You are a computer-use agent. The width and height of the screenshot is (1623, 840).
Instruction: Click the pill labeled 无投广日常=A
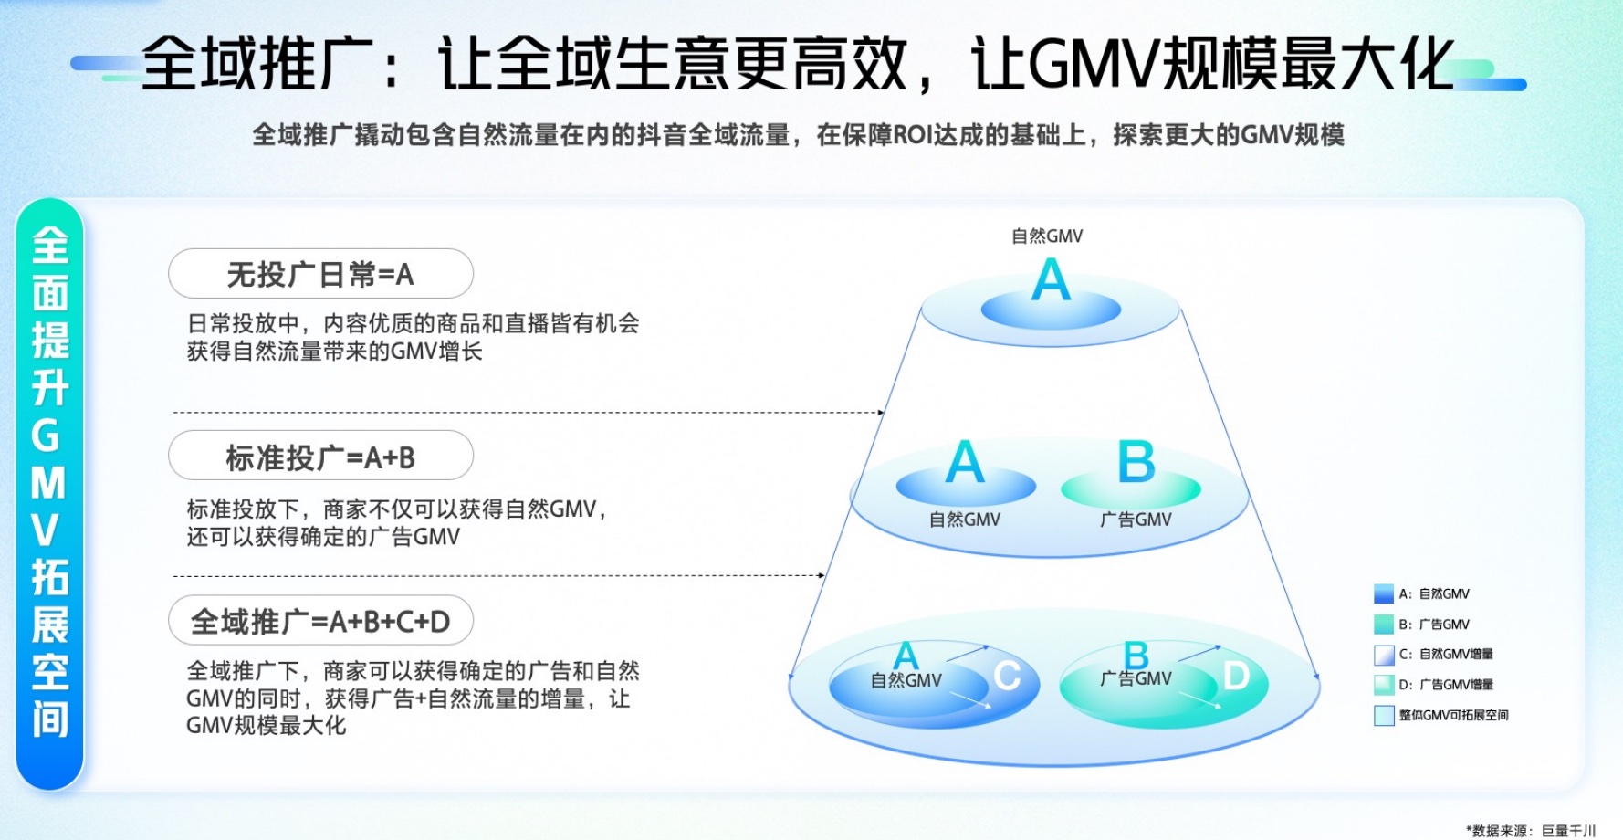320,274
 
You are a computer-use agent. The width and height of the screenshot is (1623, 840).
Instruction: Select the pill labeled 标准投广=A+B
320,457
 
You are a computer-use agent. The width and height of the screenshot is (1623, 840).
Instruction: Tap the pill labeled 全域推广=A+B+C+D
320,622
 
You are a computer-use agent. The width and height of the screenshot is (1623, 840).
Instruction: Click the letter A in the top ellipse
1051,280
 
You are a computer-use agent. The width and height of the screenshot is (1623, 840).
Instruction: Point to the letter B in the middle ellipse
1136,463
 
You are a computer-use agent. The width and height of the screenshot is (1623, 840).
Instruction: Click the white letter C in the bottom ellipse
1008,677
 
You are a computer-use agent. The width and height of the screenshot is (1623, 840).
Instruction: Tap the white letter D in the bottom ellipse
1237,677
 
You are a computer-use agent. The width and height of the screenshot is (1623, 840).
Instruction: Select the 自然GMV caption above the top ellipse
1047,236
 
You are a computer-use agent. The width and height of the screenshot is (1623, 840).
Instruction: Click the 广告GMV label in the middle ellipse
1136,520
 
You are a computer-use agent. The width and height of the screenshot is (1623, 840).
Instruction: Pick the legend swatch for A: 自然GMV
1384,594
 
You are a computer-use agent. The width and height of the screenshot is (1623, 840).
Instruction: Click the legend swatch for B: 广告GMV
1384,625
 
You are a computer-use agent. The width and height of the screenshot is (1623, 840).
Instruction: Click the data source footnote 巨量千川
1568,830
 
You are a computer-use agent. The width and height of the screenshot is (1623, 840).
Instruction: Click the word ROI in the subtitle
913,135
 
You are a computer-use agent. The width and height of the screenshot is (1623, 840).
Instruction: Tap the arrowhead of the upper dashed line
881,413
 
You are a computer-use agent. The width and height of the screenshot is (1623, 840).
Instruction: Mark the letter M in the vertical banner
49,483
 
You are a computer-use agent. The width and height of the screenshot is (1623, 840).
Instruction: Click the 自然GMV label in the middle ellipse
965,520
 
